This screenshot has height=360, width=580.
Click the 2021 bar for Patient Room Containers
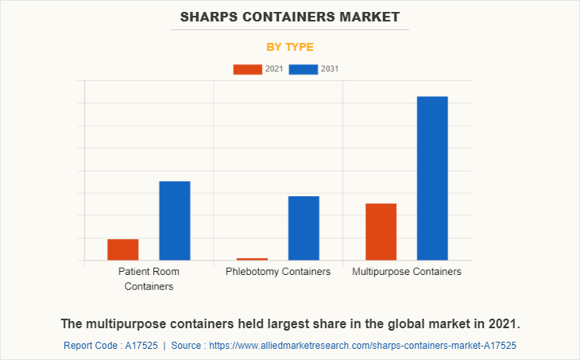pyautogui.click(x=123, y=250)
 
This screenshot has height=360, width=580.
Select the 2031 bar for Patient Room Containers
pyautogui.click(x=175, y=221)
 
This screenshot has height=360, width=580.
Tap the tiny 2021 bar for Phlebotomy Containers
pyautogui.click(x=252, y=259)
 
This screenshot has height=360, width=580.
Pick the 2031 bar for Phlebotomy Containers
pyautogui.click(x=304, y=228)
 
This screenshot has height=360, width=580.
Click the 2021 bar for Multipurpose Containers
pyautogui.click(x=381, y=232)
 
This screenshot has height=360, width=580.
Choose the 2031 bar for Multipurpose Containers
pyautogui.click(x=432, y=178)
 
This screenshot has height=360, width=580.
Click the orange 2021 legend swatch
pyautogui.click(x=247, y=69)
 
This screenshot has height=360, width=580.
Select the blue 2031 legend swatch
pyautogui.click(x=304, y=69)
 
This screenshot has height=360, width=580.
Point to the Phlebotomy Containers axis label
pyautogui.click(x=278, y=272)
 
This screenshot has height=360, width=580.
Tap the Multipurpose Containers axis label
pyautogui.click(x=407, y=272)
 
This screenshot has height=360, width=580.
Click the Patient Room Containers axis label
pyautogui.click(x=149, y=279)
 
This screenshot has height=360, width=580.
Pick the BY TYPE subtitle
pyautogui.click(x=290, y=47)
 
